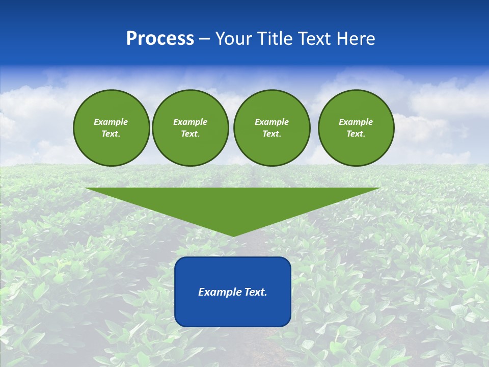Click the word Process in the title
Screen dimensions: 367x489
coord(160,39)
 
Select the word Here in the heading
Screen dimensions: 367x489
coord(356,39)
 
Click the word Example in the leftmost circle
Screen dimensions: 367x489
coord(111,122)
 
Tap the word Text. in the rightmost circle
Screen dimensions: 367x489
coord(356,134)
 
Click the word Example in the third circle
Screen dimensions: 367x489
coord(271,122)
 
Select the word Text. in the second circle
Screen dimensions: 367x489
coord(190,134)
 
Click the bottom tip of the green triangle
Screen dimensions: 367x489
coord(233,235)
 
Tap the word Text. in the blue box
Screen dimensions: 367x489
coord(256,292)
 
